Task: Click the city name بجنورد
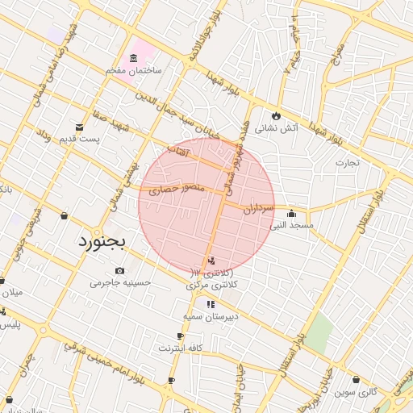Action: [103, 241]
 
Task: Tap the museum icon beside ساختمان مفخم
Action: [133, 58]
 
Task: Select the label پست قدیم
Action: [78, 140]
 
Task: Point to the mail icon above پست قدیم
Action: [79, 127]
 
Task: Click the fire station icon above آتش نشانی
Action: [277, 115]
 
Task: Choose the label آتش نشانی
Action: [277, 127]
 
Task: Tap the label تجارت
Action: [348, 162]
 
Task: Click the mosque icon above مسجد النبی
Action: [291, 214]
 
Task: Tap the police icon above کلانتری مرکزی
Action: [211, 261]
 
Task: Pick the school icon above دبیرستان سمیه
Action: [211, 305]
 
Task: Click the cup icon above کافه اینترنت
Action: [181, 336]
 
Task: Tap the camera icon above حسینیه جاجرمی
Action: [120, 270]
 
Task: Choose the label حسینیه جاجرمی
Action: [120, 283]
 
